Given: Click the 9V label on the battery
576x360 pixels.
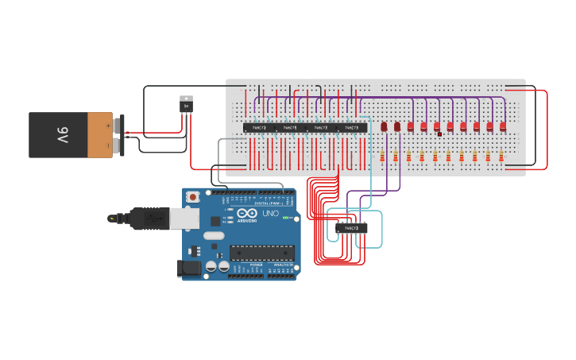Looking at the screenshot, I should point(62,134).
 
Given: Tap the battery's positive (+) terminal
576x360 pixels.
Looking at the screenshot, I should point(118,124).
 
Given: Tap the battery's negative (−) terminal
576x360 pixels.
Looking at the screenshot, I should point(118,145).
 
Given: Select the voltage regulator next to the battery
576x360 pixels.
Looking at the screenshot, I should point(187,104).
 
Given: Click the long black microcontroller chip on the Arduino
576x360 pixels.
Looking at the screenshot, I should point(262,253).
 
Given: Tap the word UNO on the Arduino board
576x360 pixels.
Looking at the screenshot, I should point(270,214).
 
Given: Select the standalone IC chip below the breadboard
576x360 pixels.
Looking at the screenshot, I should point(351,228).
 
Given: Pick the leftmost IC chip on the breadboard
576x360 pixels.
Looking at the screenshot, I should point(259,127).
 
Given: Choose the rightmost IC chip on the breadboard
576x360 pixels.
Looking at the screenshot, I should point(351,127).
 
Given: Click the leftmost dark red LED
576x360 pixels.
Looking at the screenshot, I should point(384,126).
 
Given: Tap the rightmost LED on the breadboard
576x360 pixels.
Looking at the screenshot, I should point(503,126).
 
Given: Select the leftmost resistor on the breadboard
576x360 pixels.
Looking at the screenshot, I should point(382,157).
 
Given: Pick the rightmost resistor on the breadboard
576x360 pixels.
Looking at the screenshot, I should point(501,157).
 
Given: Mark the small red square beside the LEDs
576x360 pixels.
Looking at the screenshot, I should point(439,134).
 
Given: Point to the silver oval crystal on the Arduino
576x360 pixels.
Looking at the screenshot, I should point(214,235).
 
